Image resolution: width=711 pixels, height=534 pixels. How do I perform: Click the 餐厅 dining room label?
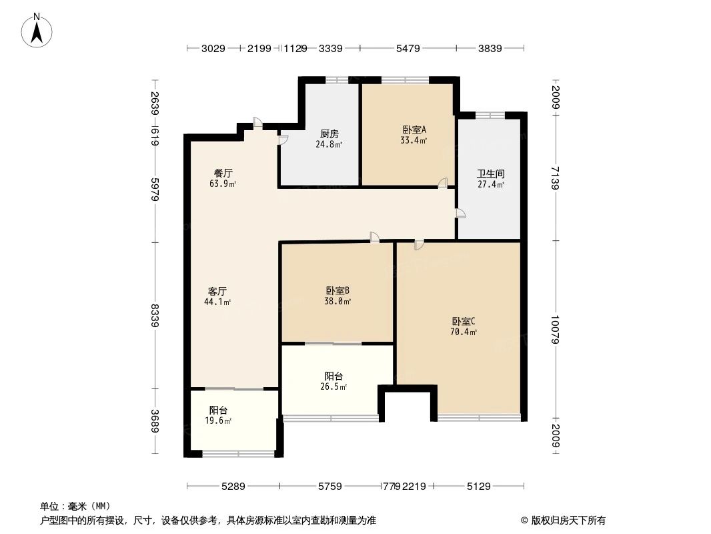coord(223,173)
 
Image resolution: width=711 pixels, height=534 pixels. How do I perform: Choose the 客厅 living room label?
coord(217,291)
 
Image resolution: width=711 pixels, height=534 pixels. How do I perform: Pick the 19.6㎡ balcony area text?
coord(218,421)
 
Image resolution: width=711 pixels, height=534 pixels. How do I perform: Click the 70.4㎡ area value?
coord(464,332)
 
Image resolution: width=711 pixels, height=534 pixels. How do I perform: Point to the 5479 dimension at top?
coord(408,48)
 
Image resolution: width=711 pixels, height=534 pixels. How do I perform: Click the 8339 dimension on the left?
coord(155,316)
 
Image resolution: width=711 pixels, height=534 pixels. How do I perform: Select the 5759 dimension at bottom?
coord(329,487)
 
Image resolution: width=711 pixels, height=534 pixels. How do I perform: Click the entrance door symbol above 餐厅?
coord(258,123)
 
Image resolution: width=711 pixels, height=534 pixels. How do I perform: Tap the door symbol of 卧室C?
coord(418,245)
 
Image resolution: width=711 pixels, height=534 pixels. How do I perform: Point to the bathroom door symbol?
coord(460,213)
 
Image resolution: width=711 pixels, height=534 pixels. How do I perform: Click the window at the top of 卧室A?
coord(406,80)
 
